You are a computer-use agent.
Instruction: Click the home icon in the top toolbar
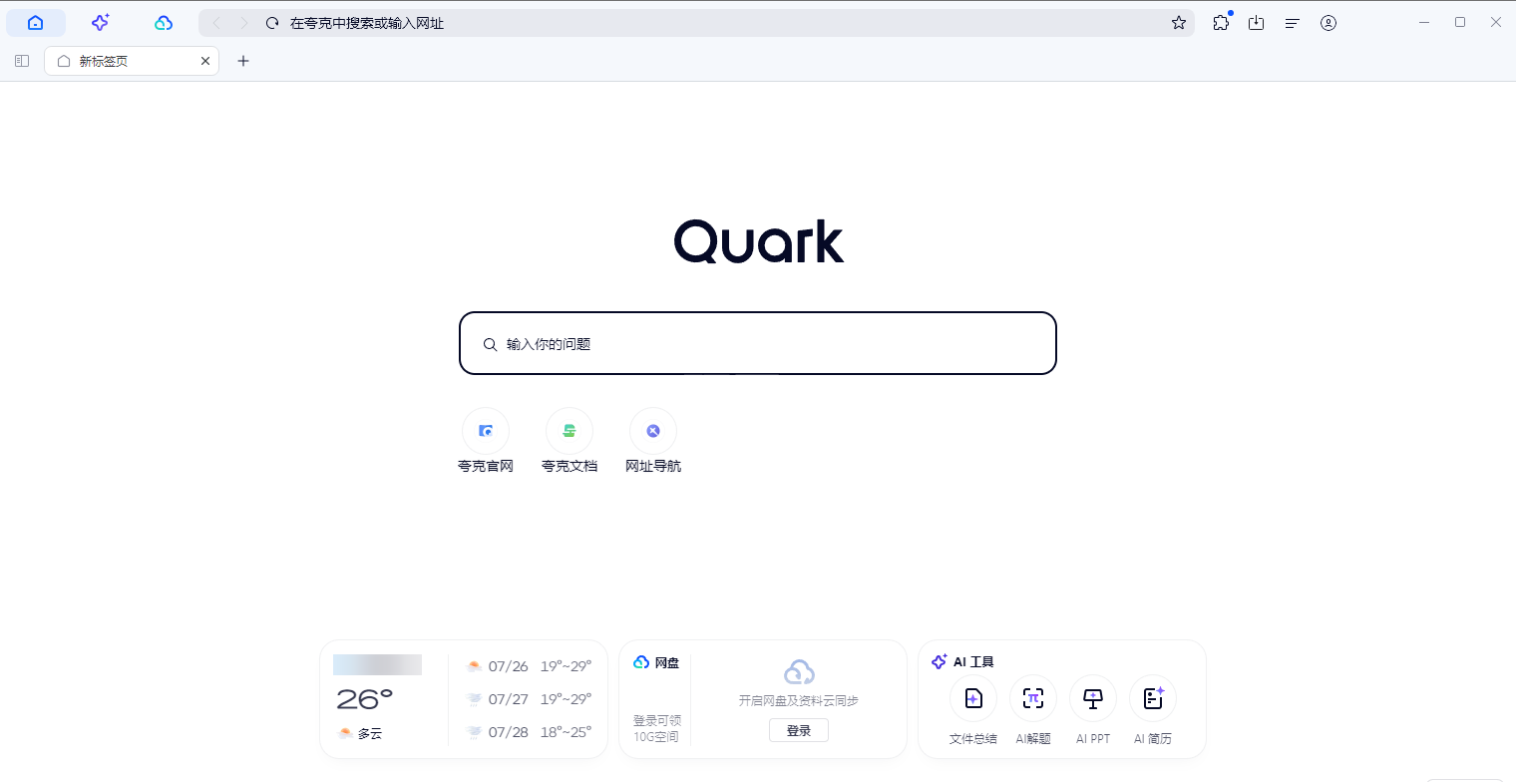click(x=35, y=23)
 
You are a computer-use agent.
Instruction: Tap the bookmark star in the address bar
click(x=1178, y=23)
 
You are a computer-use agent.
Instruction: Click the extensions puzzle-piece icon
click(x=1221, y=23)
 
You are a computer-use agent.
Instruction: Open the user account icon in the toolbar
click(x=1327, y=23)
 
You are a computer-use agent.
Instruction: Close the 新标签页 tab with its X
click(x=205, y=61)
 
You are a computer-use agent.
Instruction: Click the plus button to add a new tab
click(x=243, y=61)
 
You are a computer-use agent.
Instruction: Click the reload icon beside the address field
click(x=272, y=23)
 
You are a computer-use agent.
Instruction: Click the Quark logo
click(x=759, y=241)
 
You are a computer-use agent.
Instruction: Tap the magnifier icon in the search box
click(x=490, y=345)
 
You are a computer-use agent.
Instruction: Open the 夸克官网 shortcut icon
click(x=486, y=431)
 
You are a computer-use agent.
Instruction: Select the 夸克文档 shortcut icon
click(x=569, y=431)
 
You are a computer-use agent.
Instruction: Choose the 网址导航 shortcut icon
click(x=653, y=431)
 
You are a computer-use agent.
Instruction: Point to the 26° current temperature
click(x=364, y=699)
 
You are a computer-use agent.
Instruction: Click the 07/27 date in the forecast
click(x=509, y=699)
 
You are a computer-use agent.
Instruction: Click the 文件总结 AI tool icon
click(x=973, y=699)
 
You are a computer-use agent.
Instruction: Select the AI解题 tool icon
click(x=1033, y=699)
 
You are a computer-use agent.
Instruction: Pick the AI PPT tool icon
click(x=1093, y=699)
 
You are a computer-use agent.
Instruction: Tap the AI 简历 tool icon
click(x=1153, y=699)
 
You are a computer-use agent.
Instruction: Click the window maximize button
click(x=1460, y=22)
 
